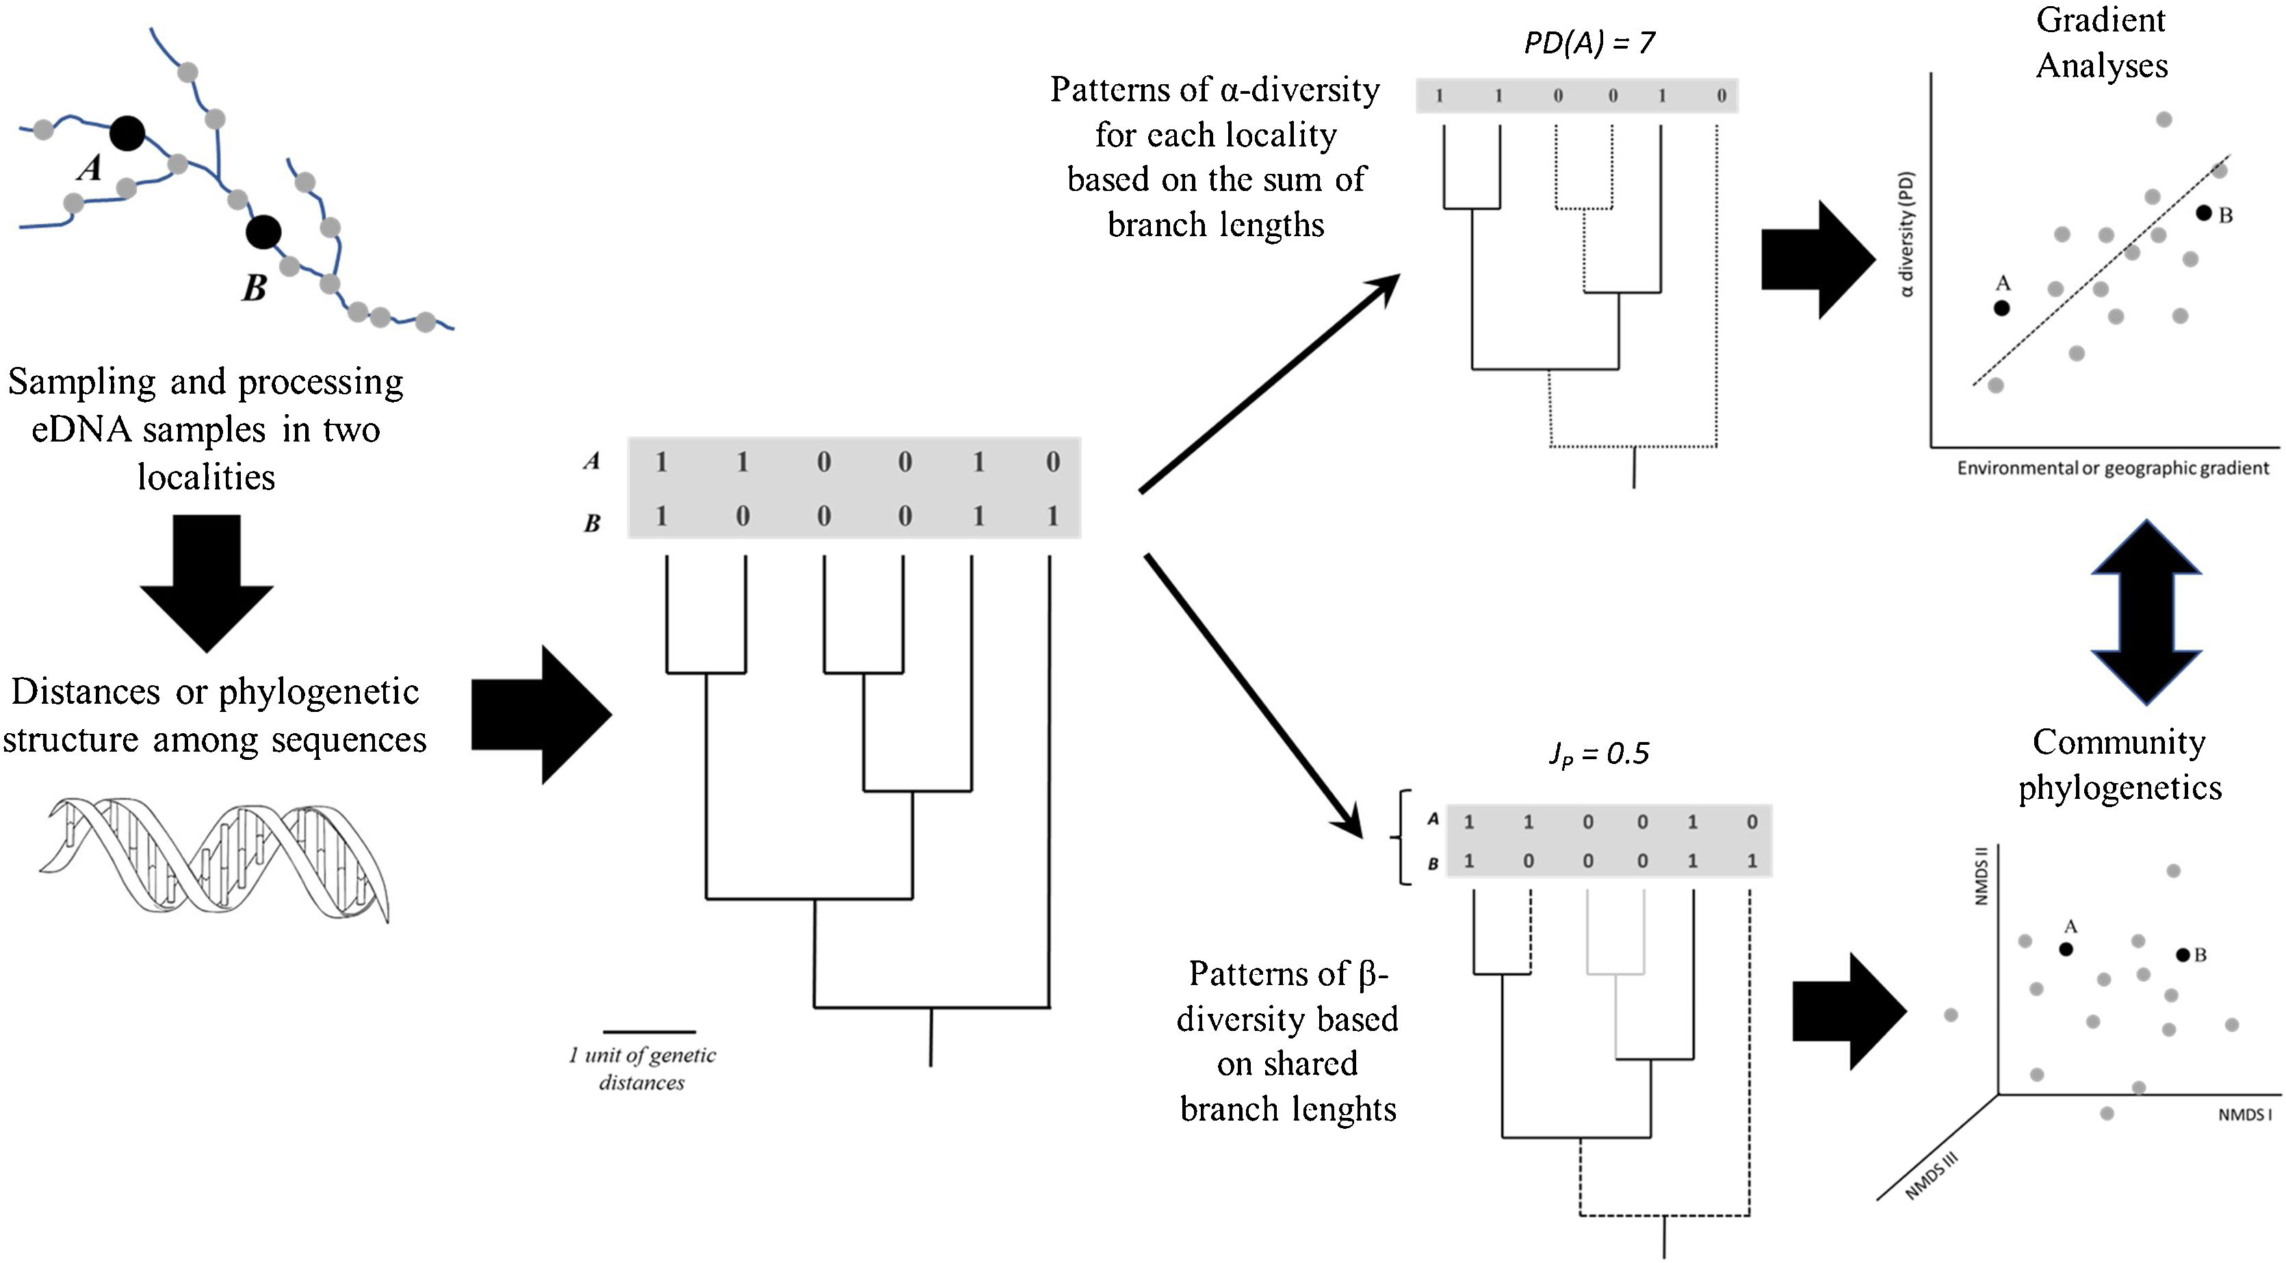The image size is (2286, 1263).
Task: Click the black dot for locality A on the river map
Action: tap(127, 134)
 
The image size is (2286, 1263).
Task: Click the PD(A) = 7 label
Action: tap(1589, 42)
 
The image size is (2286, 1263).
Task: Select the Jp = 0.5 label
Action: tap(1598, 754)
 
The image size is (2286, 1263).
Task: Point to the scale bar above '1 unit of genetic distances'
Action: tap(649, 1032)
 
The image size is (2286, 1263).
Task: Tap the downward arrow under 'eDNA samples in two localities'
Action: tap(207, 583)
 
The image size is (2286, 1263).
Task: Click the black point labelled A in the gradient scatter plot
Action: tap(2001, 308)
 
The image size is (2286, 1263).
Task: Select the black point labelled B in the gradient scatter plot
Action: tap(2203, 213)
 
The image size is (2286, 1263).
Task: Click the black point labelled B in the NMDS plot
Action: tap(2183, 955)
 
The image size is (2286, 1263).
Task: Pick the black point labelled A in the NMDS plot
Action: tap(2066, 949)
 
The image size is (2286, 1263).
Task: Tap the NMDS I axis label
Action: tap(2245, 1114)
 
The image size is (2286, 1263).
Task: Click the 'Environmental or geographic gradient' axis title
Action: tap(2113, 468)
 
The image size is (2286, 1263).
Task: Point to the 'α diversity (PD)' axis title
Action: tap(1907, 233)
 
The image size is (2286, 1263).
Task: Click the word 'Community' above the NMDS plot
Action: tap(2119, 742)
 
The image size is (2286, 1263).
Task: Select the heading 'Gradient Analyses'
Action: tap(2101, 42)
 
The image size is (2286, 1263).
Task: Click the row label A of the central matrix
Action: tap(592, 461)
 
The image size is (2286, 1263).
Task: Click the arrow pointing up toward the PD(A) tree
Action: tap(1270, 383)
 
